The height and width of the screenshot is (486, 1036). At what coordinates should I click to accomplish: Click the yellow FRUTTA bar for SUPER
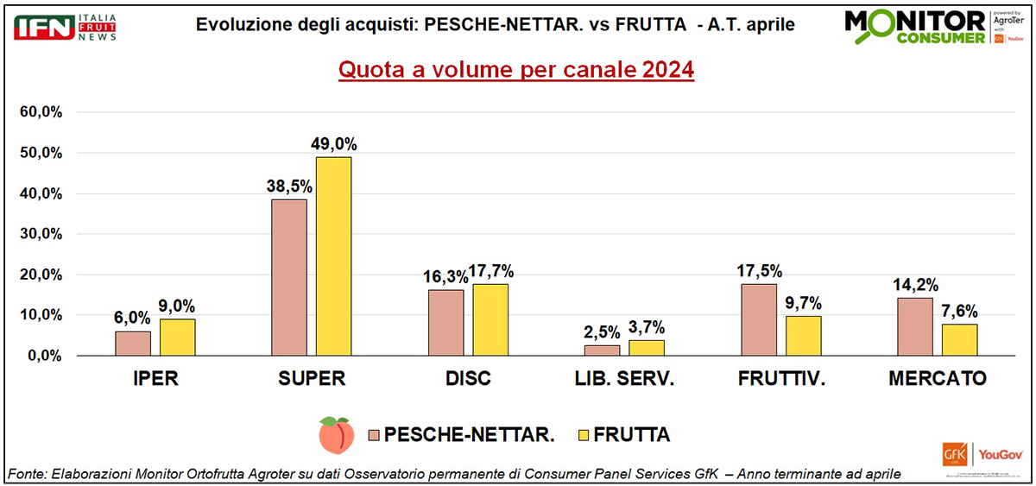(x=333, y=256)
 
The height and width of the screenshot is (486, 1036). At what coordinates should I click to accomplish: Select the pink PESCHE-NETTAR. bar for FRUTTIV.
(x=759, y=319)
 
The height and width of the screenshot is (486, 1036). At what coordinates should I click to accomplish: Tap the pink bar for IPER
(x=133, y=343)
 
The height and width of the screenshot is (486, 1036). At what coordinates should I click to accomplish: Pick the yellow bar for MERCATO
(x=959, y=339)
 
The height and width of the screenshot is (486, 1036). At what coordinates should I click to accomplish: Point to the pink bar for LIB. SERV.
(x=602, y=350)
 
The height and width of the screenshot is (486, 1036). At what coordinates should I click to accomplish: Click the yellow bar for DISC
(x=490, y=319)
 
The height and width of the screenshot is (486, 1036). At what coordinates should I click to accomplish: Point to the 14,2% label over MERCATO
(x=915, y=286)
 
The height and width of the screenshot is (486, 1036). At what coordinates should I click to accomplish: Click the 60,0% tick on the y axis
(x=45, y=112)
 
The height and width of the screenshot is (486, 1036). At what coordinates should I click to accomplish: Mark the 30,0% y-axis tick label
(x=45, y=234)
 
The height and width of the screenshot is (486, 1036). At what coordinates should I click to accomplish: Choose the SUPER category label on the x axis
(x=312, y=379)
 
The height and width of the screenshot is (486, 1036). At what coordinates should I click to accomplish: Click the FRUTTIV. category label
(x=782, y=379)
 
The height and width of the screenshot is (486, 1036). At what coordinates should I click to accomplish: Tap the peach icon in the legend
(x=338, y=434)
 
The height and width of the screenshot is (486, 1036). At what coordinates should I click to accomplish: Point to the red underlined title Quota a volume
(x=516, y=70)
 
